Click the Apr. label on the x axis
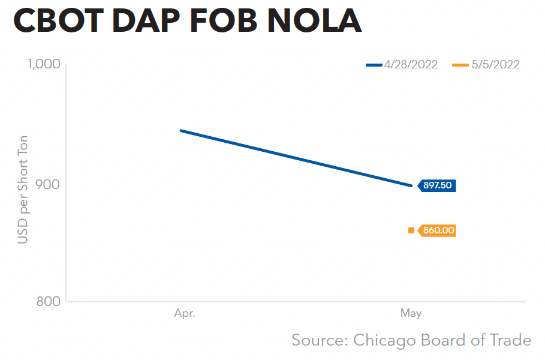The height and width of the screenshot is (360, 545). [x=185, y=313]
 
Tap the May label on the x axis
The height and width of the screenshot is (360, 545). [x=411, y=313]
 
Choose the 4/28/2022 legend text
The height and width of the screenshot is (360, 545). [x=411, y=65]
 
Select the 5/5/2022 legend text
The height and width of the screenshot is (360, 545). [x=495, y=65]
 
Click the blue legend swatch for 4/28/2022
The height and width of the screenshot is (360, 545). [x=374, y=65]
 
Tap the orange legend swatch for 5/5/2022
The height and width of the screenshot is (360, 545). [x=460, y=65]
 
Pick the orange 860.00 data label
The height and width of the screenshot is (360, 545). [x=438, y=230]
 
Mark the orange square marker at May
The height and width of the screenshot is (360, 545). [x=411, y=230]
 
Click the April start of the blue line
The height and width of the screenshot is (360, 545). [x=181, y=130]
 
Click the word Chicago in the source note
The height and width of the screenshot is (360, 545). [x=384, y=341]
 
